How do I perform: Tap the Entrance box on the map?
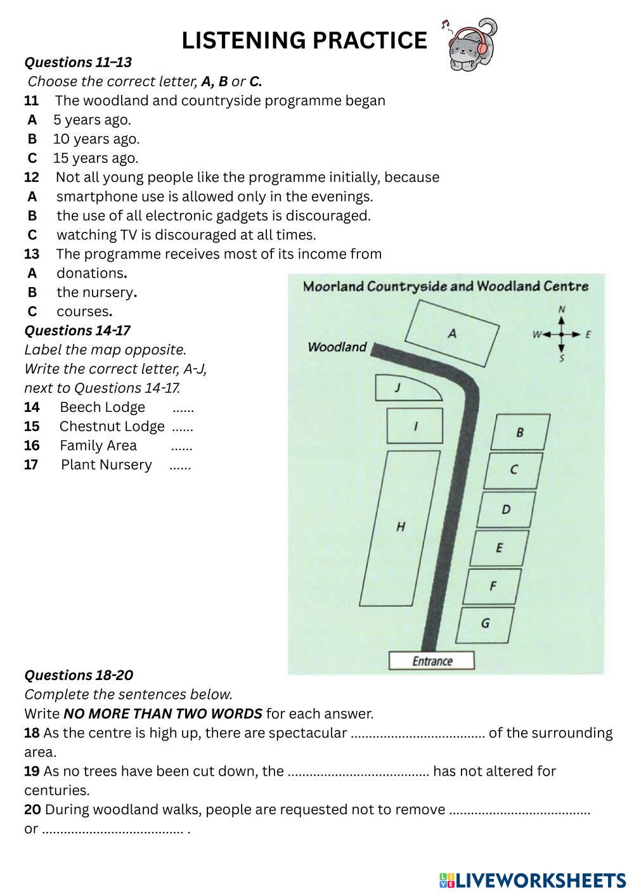(432, 661)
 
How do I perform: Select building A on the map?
(451, 333)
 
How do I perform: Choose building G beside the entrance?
(485, 623)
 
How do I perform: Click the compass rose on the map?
(561, 334)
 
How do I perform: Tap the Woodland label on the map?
(337, 347)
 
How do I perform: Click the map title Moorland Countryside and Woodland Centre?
(446, 286)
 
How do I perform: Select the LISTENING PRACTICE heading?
(304, 41)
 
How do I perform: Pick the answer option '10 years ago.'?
(96, 139)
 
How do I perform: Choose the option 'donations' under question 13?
(90, 273)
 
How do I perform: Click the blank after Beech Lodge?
(183, 407)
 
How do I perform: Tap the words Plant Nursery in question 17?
(107, 465)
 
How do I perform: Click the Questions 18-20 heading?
(79, 675)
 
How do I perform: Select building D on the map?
(506, 509)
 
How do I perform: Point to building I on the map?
(415, 426)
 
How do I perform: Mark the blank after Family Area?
(182, 446)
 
